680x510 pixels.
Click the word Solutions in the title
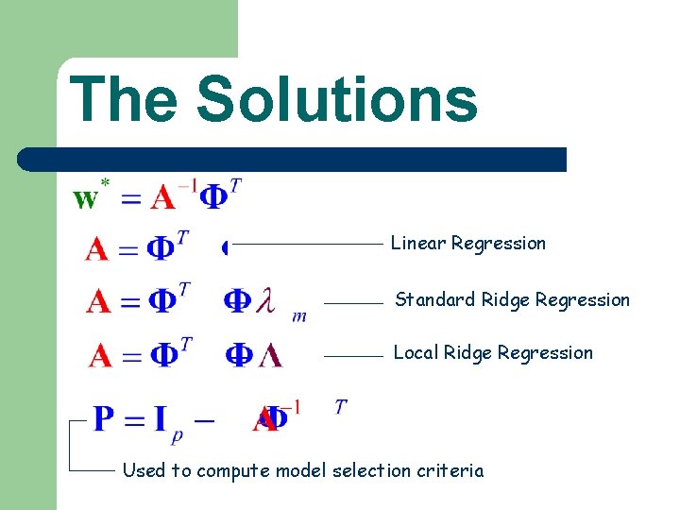(337, 99)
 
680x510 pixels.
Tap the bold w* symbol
(89, 197)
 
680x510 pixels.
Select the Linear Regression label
(468, 244)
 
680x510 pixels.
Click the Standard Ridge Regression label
(512, 300)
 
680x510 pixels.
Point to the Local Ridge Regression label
(493, 353)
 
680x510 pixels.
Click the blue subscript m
(299, 316)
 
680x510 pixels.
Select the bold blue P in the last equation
(105, 417)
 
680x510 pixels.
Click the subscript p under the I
(177, 435)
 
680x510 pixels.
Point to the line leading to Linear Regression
(307, 244)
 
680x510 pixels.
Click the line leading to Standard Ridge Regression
(354, 303)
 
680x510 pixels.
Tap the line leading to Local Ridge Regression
(354, 356)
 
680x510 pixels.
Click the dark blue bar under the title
(293, 159)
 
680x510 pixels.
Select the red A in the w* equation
(162, 198)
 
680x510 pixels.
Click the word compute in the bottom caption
(230, 470)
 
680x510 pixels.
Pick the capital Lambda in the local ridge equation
(270, 356)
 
